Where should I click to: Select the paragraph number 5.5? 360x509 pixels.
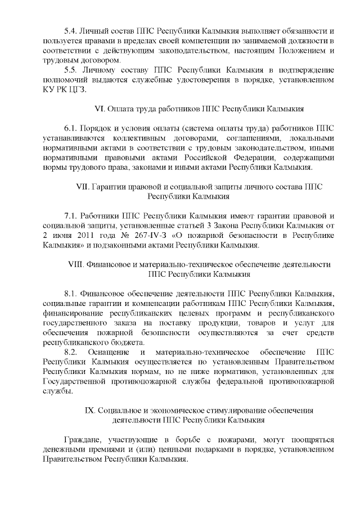coord(71,70)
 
